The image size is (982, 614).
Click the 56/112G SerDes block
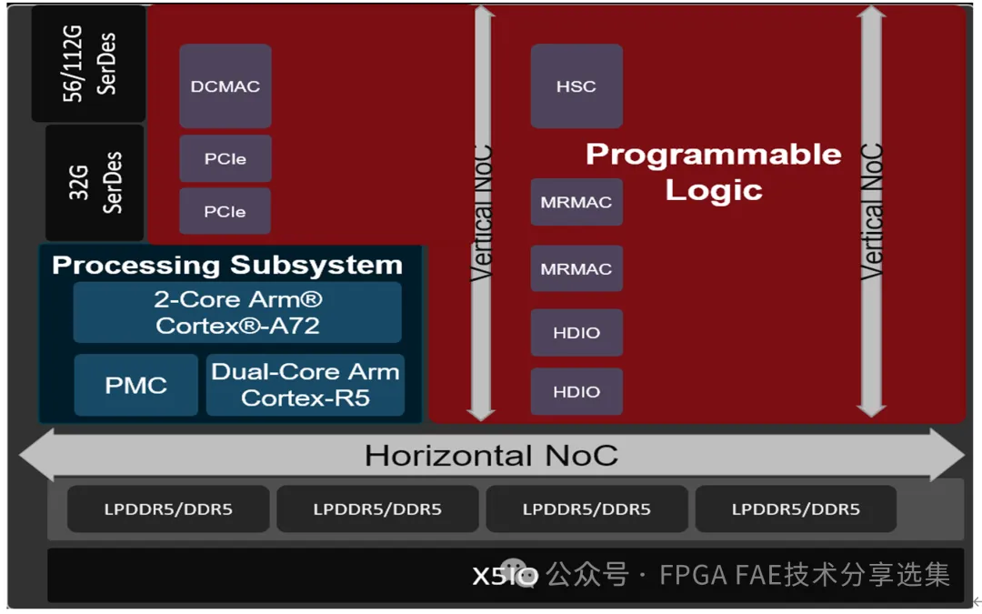(x=88, y=63)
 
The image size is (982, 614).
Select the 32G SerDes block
(x=95, y=182)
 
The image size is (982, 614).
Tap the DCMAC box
(x=225, y=86)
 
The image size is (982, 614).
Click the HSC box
(x=576, y=86)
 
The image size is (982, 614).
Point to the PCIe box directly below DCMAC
(x=225, y=159)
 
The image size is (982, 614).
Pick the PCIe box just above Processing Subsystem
(x=225, y=211)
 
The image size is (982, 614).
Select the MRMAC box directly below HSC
(x=576, y=202)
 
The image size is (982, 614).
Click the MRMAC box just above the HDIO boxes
(x=576, y=269)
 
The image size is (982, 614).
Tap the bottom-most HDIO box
(x=576, y=392)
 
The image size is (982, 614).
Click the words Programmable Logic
(x=714, y=171)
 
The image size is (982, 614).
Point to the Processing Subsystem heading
(x=227, y=265)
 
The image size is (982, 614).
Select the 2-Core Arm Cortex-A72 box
(x=237, y=312)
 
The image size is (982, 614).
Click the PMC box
(x=135, y=385)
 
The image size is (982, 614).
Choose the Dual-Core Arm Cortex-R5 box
(x=306, y=385)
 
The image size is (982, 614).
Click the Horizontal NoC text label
(x=491, y=455)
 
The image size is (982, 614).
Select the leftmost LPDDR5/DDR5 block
(x=168, y=509)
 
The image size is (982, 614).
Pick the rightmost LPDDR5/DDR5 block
(x=796, y=509)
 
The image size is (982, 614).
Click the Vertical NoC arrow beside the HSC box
(x=484, y=214)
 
